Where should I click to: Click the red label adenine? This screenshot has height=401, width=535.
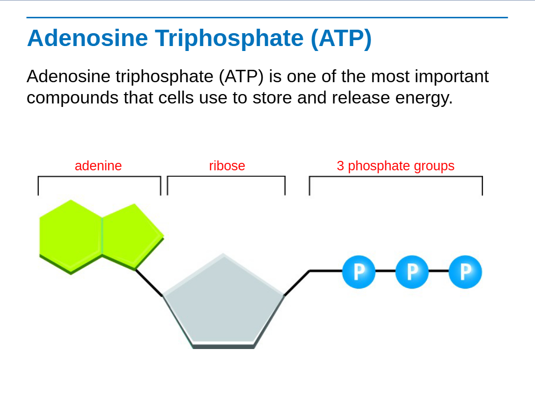tap(98, 166)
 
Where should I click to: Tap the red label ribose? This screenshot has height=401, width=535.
tap(227, 166)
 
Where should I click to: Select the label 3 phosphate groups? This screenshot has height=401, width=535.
tap(395, 166)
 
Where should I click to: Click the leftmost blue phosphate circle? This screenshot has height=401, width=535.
tap(359, 272)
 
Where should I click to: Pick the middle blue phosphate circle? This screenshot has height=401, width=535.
tap(412, 272)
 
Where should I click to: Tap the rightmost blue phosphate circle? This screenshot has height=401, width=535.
tap(465, 272)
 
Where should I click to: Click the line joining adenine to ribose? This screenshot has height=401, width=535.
tap(149, 283)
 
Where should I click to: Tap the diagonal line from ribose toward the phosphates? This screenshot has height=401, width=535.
tap(297, 283)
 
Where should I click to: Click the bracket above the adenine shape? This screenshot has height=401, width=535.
tap(99, 186)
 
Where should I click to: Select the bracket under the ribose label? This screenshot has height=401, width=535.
tap(226, 186)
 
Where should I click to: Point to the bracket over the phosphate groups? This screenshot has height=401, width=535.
tap(396, 186)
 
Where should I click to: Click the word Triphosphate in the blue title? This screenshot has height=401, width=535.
tap(229, 38)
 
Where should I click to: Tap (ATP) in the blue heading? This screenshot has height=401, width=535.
tap(341, 39)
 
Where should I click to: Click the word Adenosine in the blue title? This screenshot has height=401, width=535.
tap(88, 38)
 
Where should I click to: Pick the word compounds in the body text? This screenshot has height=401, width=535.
tap(73, 98)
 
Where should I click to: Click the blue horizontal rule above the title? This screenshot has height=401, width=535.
tap(267, 17)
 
